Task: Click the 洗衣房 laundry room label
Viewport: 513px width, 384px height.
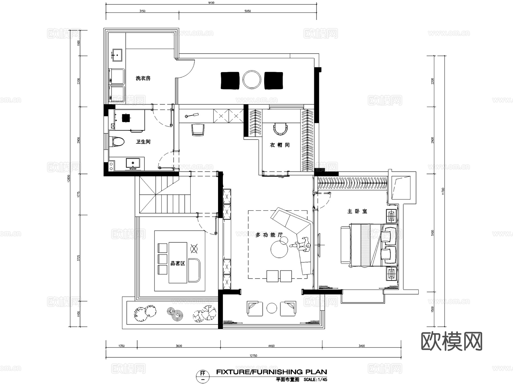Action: click(143, 78)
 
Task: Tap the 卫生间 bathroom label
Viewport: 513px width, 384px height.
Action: click(143, 142)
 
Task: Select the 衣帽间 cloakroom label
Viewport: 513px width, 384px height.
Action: click(280, 145)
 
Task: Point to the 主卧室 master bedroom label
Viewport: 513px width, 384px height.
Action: click(357, 211)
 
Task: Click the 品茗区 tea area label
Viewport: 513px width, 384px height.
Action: click(178, 263)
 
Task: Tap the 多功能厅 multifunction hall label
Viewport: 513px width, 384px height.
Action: click(269, 235)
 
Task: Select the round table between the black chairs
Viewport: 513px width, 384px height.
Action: click(252, 80)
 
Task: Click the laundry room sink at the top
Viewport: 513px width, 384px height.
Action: click(117, 55)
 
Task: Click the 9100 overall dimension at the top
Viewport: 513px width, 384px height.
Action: click(211, 3)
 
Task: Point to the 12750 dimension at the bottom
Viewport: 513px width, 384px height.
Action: click(253, 355)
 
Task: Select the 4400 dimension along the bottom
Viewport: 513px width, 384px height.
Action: click(271, 346)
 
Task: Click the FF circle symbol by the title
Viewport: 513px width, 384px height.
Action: click(203, 376)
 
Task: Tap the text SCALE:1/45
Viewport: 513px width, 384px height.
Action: click(315, 380)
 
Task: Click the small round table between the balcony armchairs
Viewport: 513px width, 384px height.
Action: click(272, 308)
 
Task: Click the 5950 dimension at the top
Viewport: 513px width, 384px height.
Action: click(248, 11)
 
